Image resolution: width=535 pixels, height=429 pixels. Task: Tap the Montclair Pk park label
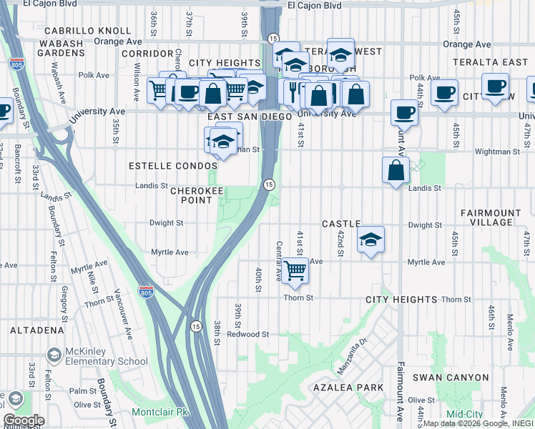[159, 413]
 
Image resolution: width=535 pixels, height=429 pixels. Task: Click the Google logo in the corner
[24, 420]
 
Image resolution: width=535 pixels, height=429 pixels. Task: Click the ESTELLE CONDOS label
[173, 166]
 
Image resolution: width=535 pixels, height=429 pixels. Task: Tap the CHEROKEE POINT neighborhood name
[191, 195]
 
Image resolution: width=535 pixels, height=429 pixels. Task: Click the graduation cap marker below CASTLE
[370, 240]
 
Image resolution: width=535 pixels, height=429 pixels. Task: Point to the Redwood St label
[247, 334]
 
